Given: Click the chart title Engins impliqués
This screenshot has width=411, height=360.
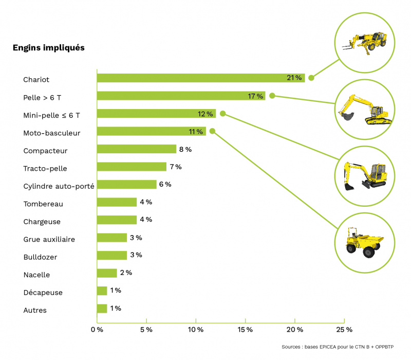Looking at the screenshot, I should pyautogui.click(x=48, y=48).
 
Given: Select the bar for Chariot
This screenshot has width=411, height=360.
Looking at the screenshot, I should pyautogui.click(x=200, y=78).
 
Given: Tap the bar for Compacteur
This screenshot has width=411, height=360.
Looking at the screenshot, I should pyautogui.click(x=137, y=149).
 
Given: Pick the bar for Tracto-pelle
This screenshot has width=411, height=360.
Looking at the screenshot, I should pyautogui.click(x=132, y=167).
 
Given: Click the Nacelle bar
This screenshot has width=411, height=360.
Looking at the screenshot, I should pyautogui.click(x=107, y=273).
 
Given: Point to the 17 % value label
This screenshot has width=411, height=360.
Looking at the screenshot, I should pyautogui.click(x=255, y=96).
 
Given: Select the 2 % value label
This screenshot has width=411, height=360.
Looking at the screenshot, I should pyautogui.click(x=125, y=273).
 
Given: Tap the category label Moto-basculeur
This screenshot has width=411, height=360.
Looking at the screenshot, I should pyautogui.click(x=52, y=133).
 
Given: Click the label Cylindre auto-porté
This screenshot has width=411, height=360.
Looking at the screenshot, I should pyautogui.click(x=59, y=186).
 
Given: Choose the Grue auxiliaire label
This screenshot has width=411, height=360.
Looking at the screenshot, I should pyautogui.click(x=49, y=239).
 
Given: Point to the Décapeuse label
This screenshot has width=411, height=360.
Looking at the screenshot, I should pyautogui.click(x=43, y=293).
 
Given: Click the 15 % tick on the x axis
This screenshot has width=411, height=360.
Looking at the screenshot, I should pyautogui.click(x=245, y=330).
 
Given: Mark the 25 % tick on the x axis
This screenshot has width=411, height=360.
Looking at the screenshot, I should pyautogui.click(x=344, y=330).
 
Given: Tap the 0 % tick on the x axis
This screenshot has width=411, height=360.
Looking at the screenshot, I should pyautogui.click(x=97, y=330).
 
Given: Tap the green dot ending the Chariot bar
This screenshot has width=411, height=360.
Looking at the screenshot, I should pyautogui.click(x=311, y=78).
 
